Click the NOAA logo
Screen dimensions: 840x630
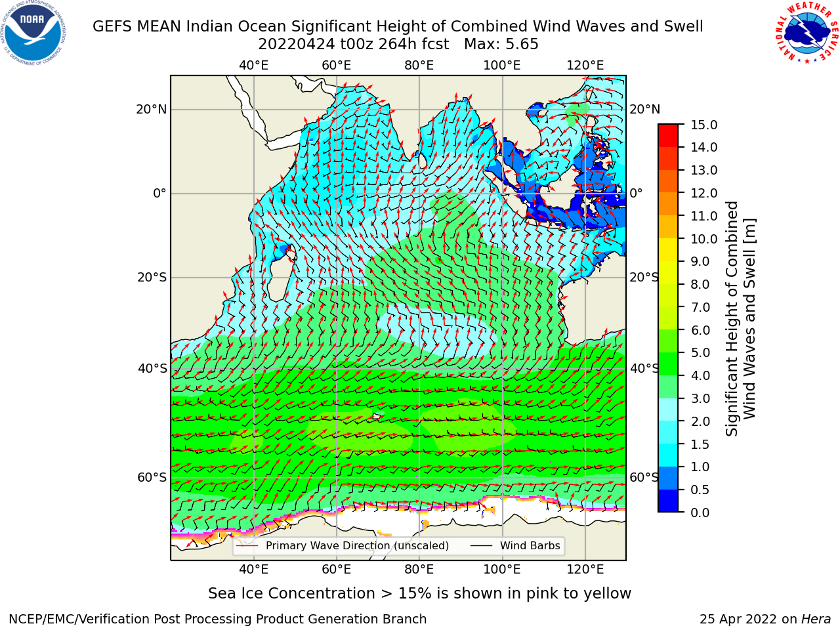[x=33, y=33]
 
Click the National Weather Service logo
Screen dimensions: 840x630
[x=806, y=33]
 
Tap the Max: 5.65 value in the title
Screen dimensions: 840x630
[x=501, y=45]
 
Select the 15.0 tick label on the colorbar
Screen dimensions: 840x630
[x=703, y=125]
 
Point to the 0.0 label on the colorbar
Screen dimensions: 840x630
[x=700, y=513]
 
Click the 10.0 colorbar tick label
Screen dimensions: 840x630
[x=703, y=239]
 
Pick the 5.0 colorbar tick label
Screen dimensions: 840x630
[x=700, y=352]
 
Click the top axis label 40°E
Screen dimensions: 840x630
[x=253, y=66]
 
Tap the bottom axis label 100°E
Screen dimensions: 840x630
[x=502, y=570]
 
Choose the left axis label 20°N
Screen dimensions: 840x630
[x=152, y=110]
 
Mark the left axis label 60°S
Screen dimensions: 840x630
[x=152, y=477]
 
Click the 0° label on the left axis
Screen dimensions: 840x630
[x=159, y=193]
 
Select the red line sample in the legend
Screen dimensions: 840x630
[x=247, y=546]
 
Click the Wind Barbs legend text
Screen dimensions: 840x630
[x=530, y=546]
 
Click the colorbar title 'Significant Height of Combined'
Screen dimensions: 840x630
[x=731, y=319]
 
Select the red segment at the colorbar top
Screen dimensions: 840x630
[x=668, y=130]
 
